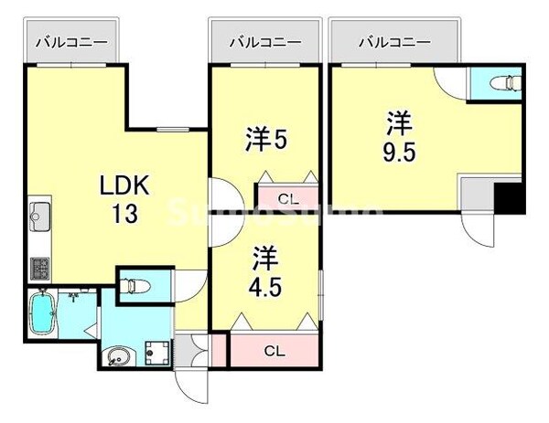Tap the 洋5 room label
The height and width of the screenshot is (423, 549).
[x=266, y=139]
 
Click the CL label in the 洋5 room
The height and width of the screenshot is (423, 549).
[x=286, y=197]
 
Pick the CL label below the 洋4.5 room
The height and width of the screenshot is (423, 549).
[x=274, y=350]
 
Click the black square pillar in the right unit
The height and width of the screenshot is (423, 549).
[x=509, y=198]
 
